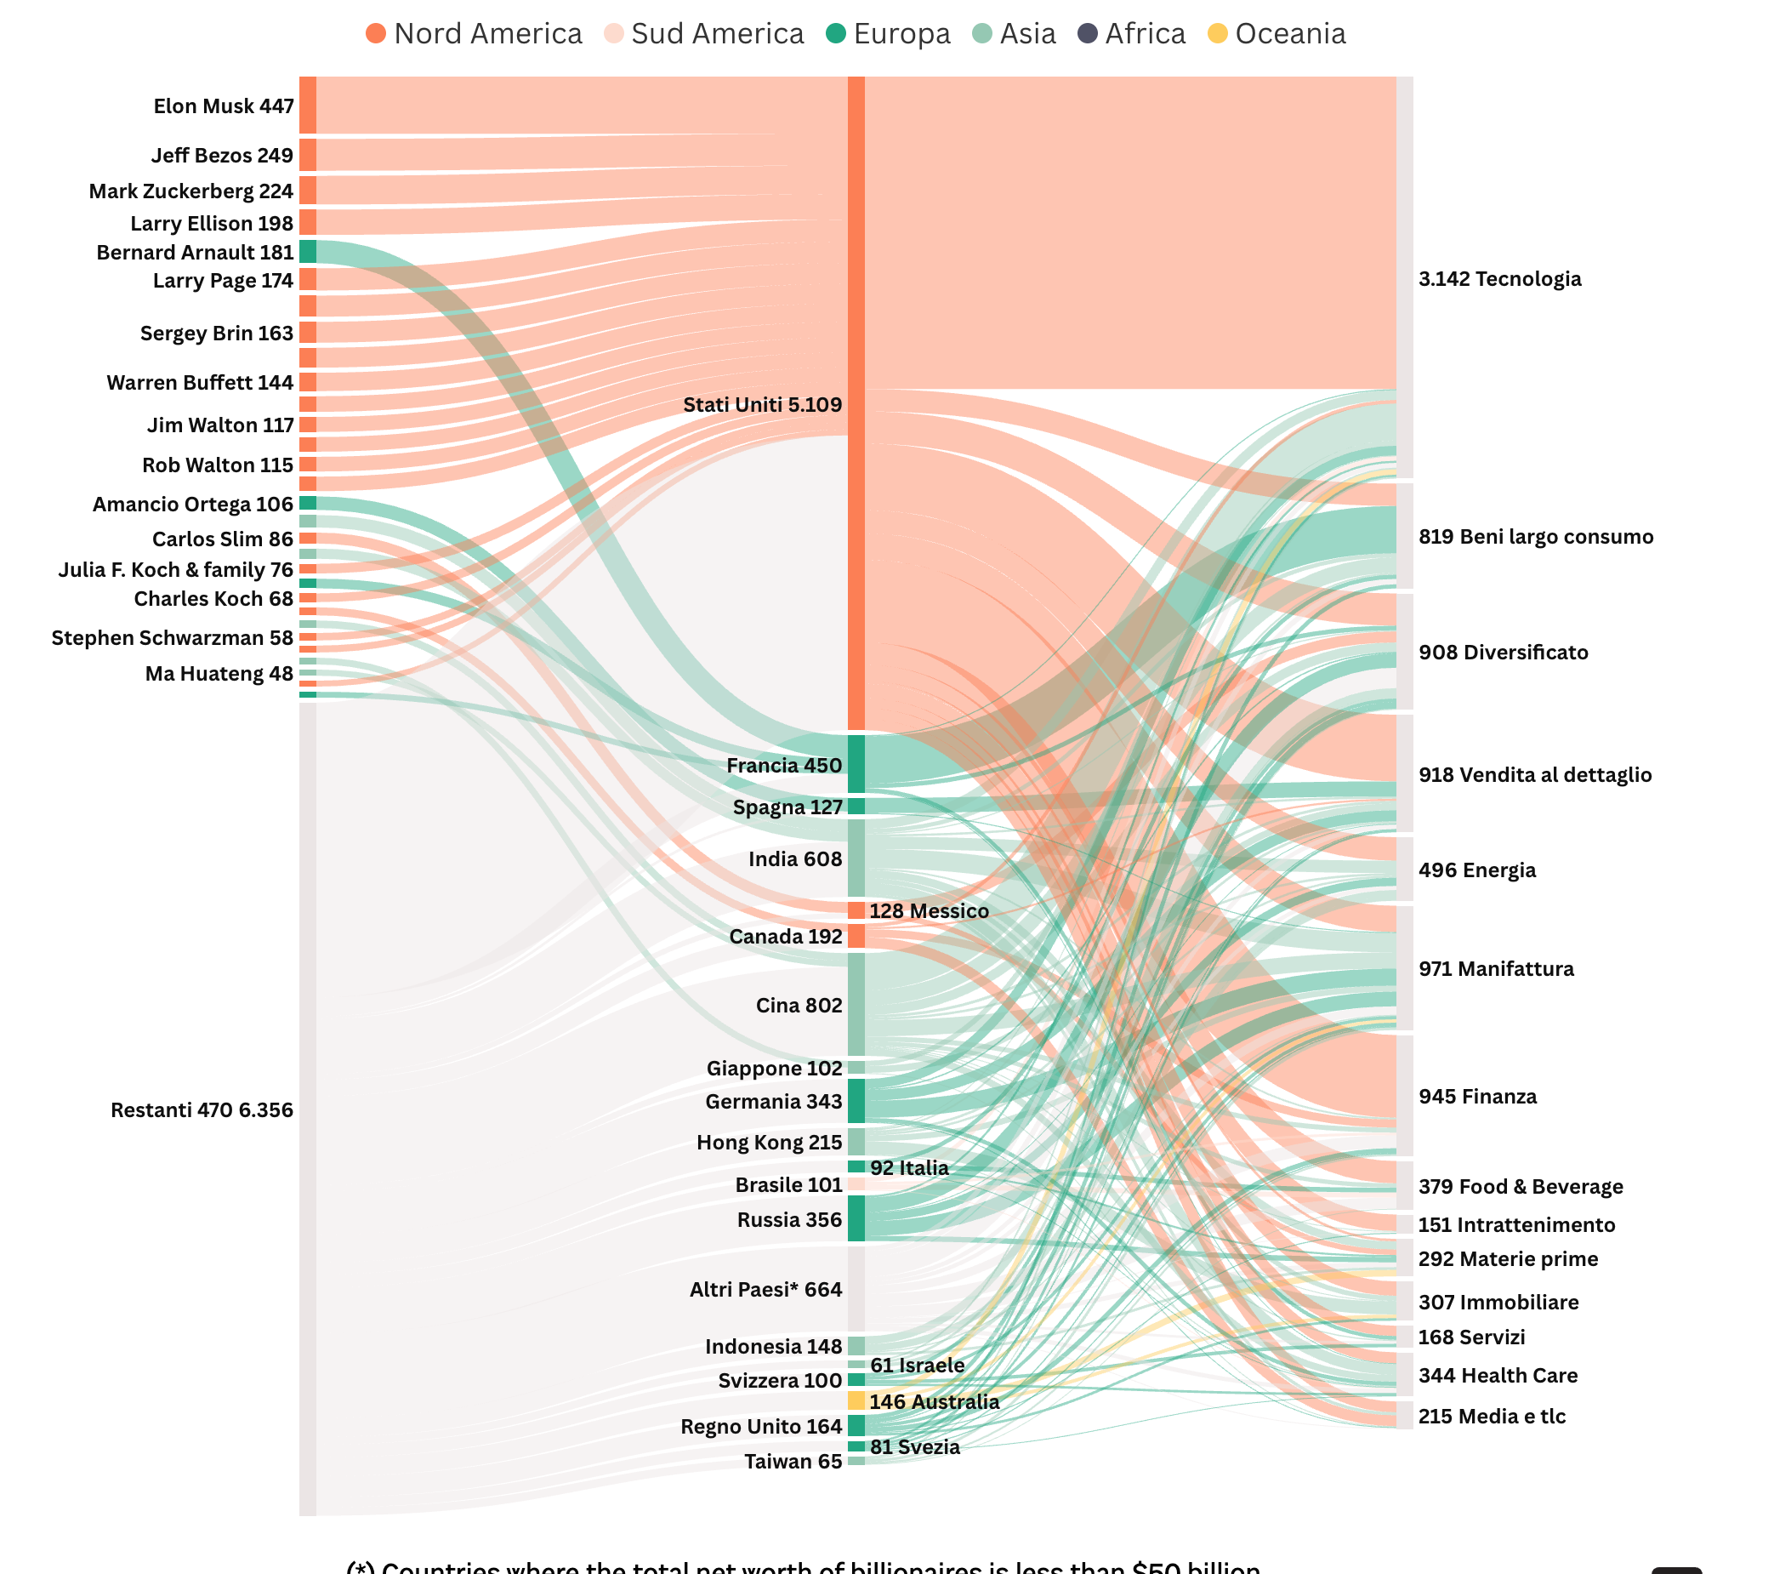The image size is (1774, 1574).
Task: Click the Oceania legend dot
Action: [1218, 34]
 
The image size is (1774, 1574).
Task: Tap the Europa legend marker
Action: [836, 34]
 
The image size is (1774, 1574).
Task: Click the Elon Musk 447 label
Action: [223, 106]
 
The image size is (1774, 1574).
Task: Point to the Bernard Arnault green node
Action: [307, 252]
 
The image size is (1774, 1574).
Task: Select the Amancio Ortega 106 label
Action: [193, 505]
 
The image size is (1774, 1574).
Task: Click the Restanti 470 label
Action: [202, 1109]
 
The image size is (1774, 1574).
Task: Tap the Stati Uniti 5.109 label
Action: [762, 405]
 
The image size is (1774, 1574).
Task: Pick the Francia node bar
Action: [856, 763]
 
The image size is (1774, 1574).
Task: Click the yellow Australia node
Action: [856, 1400]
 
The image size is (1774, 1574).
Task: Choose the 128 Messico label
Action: [929, 910]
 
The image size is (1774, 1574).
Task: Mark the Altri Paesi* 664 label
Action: [765, 1289]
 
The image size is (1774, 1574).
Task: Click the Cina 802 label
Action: [799, 1006]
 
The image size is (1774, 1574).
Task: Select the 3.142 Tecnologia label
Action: [1500, 279]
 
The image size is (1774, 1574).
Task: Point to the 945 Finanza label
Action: [1477, 1097]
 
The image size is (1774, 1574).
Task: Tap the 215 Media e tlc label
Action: [1491, 1416]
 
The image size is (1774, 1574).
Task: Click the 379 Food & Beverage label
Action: [1521, 1187]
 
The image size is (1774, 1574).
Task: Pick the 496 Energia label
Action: [1476, 870]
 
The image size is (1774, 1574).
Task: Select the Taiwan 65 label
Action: [793, 1461]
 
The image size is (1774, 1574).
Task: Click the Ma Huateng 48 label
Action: [219, 674]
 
